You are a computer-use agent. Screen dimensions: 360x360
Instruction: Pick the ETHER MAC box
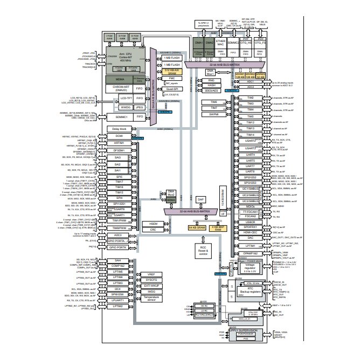(x=220, y=43)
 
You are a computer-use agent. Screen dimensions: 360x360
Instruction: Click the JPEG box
(x=140, y=107)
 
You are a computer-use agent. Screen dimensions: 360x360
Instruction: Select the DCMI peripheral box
(x=119, y=137)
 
